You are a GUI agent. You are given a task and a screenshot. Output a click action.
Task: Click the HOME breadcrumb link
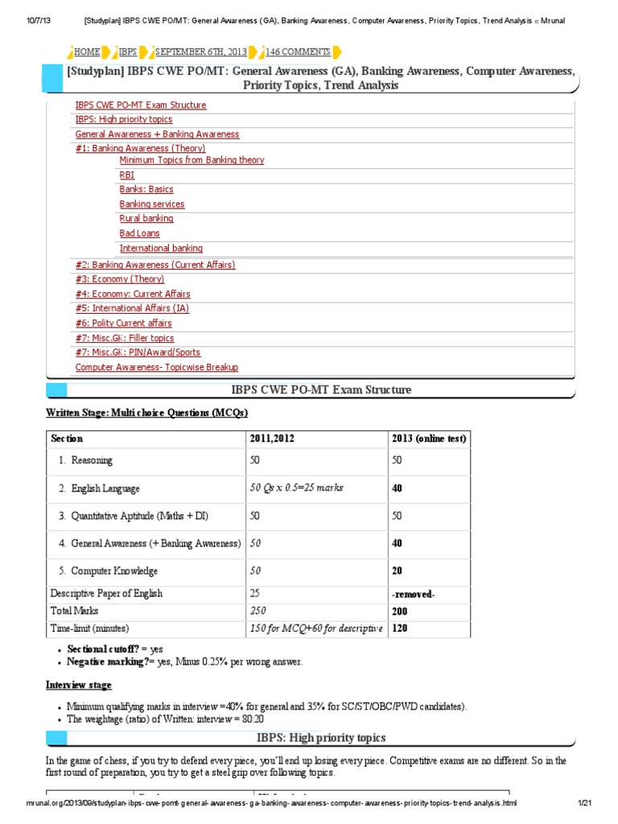[x=87, y=51]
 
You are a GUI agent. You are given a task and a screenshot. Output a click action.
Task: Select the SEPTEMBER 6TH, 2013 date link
[x=201, y=51]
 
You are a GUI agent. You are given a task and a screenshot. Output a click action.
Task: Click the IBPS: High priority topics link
[x=123, y=119]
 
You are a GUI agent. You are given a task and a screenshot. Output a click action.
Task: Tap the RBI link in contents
[x=127, y=175]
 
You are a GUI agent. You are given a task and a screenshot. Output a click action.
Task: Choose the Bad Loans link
[x=139, y=233]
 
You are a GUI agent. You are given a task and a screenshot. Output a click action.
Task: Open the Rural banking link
[x=146, y=218]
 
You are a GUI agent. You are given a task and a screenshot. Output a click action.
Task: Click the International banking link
[x=161, y=248]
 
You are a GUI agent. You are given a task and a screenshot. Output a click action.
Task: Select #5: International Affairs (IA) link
[x=132, y=308]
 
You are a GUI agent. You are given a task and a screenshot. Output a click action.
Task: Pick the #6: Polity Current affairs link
[x=123, y=323]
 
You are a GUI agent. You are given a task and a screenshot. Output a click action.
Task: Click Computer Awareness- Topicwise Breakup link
[x=156, y=367]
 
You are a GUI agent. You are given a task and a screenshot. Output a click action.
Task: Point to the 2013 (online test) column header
[x=428, y=439]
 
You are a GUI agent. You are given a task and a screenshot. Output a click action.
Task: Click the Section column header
[x=67, y=439]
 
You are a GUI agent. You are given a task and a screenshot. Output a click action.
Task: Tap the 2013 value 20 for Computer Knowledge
[x=397, y=571]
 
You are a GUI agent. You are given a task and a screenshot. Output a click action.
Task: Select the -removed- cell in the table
[x=414, y=594]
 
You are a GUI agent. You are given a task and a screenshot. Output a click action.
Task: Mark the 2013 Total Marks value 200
[x=399, y=611]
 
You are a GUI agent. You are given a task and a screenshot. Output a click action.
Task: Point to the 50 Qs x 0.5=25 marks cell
[x=295, y=488]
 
